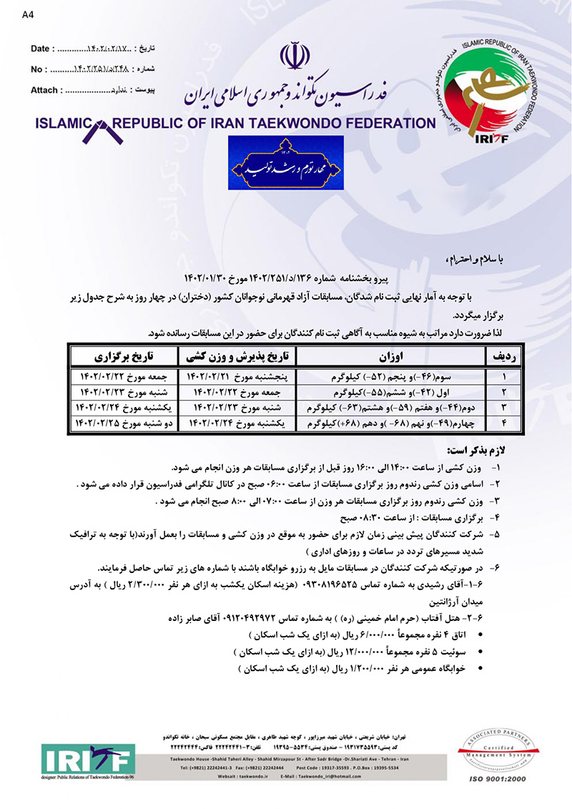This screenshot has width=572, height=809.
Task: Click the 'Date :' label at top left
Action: click(x=43, y=48)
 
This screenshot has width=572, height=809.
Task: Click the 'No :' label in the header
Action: click(x=39, y=69)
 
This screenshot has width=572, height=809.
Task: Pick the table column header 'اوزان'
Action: click(x=390, y=356)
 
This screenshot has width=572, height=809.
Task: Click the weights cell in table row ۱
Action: click(x=390, y=376)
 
